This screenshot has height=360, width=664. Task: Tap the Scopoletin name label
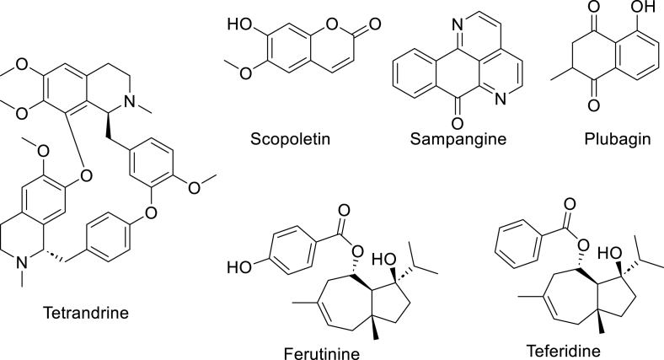pos(288,138)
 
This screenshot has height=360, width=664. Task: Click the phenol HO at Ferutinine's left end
pos(237,267)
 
